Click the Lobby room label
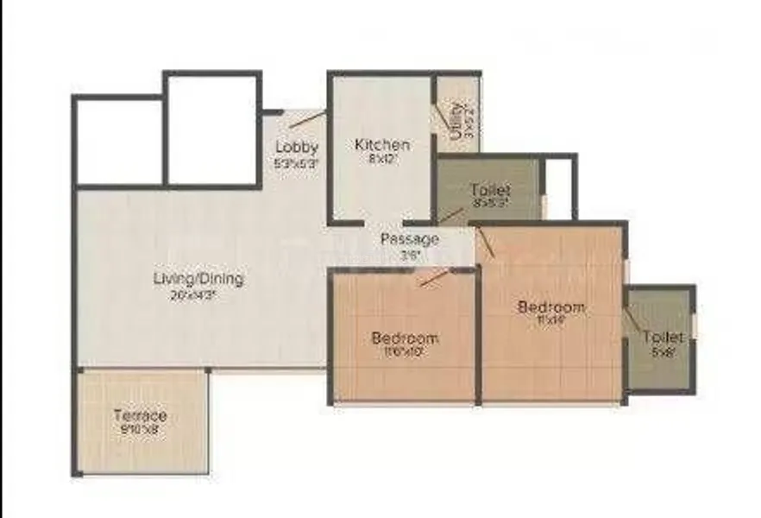coord(297,147)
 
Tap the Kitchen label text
coord(382,144)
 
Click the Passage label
coord(410,238)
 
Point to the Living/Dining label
coord(198,279)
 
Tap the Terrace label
coord(140,415)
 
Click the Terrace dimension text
coord(140,430)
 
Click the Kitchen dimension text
coord(382,159)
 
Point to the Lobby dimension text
coord(297,161)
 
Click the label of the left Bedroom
coord(405,338)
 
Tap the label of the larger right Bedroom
coord(550,306)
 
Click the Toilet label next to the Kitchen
coord(489,189)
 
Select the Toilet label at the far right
coord(663,337)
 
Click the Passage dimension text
coord(410,254)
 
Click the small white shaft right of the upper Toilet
coord(560,188)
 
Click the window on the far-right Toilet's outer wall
coord(693,328)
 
